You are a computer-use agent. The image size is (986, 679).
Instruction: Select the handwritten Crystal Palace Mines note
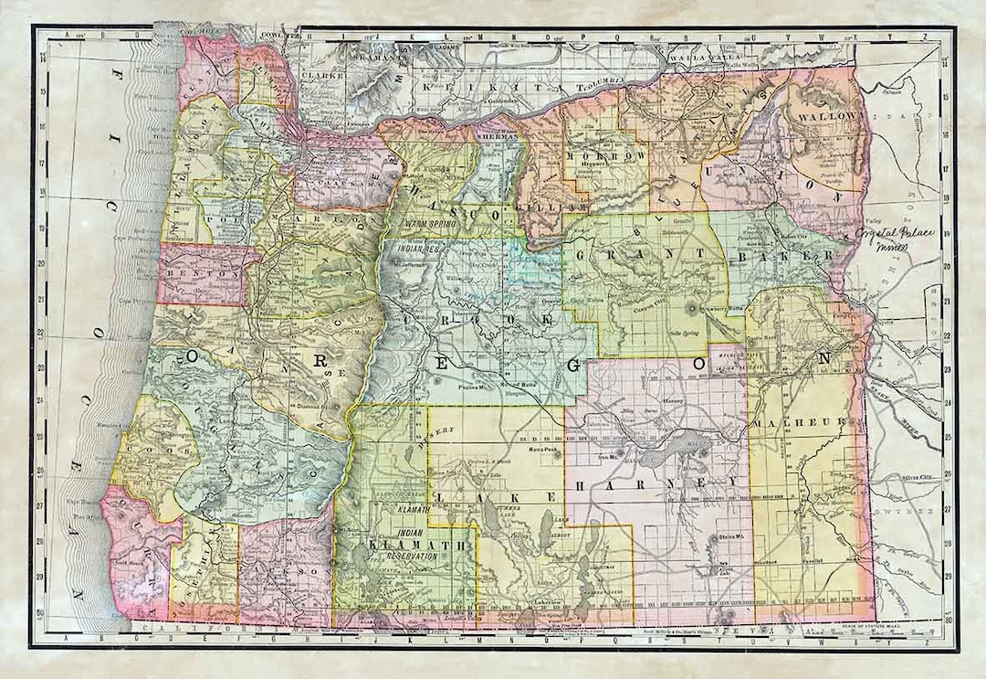897,239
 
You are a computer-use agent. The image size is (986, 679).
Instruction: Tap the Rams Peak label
541,450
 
